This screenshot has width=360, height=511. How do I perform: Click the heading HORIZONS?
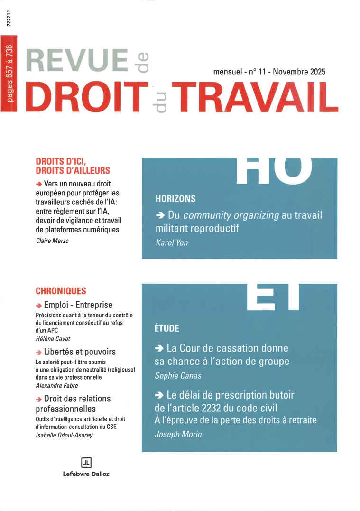pyautogui.click(x=175, y=198)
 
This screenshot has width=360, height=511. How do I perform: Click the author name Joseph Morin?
pyautogui.click(x=178, y=434)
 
